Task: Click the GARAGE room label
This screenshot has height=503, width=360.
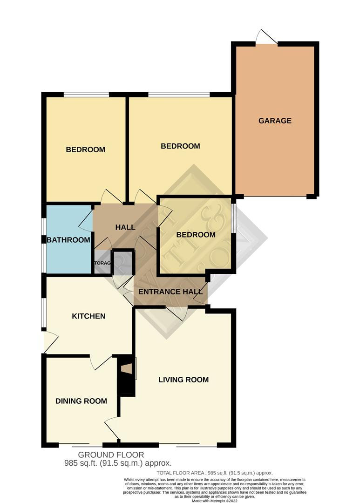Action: click(275, 121)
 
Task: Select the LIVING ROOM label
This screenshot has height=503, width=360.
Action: click(183, 380)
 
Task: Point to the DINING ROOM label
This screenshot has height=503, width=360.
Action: click(81, 401)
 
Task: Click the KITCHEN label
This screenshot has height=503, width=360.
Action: click(88, 316)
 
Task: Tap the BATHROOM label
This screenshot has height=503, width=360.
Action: click(68, 240)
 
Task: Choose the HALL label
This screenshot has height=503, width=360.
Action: click(125, 227)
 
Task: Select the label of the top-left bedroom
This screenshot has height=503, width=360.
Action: click(85, 150)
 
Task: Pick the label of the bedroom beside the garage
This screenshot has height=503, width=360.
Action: click(180, 146)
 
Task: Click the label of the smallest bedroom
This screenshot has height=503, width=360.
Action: click(196, 235)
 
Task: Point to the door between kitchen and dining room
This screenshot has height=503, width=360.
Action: click(101, 362)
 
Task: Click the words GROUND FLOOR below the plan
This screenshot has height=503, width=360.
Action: click(111, 455)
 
